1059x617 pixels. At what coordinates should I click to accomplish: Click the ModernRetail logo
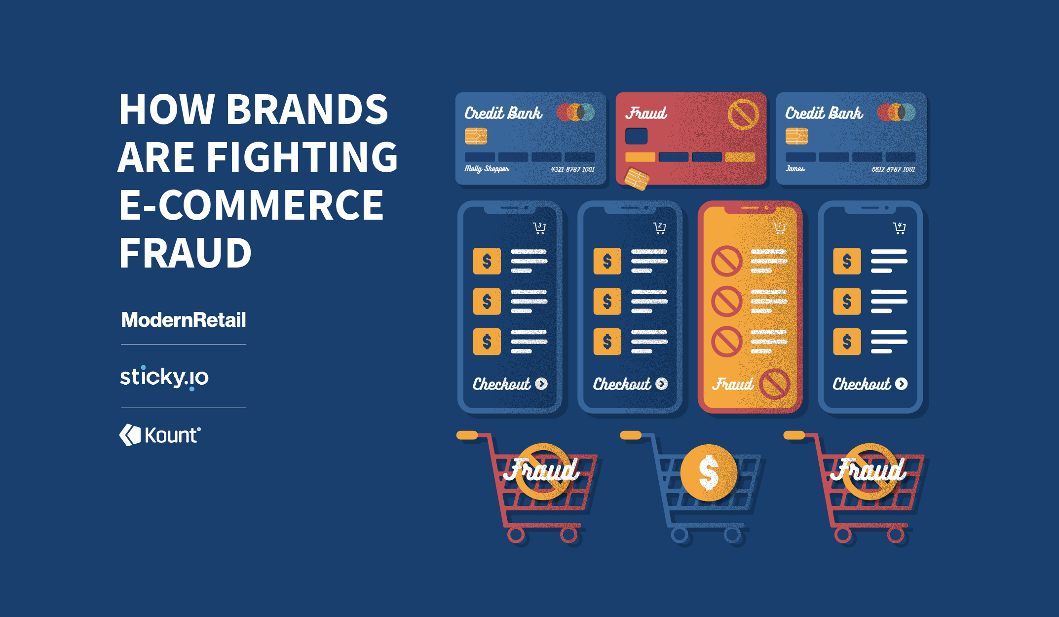tap(184, 320)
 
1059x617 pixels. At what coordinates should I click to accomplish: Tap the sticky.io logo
tap(164, 378)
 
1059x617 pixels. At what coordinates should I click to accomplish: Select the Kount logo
tap(160, 435)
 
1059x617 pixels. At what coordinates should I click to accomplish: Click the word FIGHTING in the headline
tap(302, 157)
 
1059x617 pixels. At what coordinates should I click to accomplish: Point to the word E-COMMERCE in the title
tap(251, 205)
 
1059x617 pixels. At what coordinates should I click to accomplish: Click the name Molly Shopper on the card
tap(487, 169)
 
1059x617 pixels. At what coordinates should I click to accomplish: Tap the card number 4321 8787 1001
tap(572, 169)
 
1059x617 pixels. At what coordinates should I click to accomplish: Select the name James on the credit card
tap(795, 169)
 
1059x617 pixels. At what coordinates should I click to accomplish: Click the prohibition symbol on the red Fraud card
tap(743, 115)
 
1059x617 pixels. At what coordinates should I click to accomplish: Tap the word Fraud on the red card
tap(646, 114)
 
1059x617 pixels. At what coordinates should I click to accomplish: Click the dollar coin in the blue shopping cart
tap(709, 472)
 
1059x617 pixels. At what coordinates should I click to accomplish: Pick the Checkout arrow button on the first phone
tap(541, 384)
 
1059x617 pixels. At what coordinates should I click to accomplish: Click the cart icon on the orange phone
tap(779, 228)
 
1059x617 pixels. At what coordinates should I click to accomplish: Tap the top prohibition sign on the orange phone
tap(726, 261)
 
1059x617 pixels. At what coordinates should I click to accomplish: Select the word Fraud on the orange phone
tap(733, 384)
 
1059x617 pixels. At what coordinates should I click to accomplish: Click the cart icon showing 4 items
tap(899, 228)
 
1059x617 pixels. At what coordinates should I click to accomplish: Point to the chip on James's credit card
tap(796, 136)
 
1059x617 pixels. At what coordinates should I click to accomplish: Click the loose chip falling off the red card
tap(637, 179)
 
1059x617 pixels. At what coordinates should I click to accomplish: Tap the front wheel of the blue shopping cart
tap(732, 535)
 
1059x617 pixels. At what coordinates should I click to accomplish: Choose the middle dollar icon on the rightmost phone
tap(847, 301)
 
